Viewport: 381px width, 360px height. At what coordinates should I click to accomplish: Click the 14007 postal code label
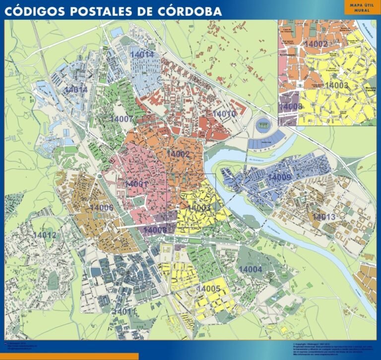[x=122, y=119]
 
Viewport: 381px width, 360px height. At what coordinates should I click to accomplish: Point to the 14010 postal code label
[x=224, y=114]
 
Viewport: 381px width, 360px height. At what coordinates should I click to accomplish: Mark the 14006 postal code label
[x=102, y=207]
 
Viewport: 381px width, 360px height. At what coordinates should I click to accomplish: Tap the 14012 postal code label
[x=45, y=235]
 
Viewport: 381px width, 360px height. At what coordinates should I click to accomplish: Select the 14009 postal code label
[x=279, y=177]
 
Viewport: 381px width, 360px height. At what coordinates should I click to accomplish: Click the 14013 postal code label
[x=324, y=217]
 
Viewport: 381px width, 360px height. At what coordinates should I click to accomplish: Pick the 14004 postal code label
[x=251, y=269]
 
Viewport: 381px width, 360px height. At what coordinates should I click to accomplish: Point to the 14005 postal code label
[x=208, y=289]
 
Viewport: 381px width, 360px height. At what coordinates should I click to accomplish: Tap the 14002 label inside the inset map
[x=316, y=45]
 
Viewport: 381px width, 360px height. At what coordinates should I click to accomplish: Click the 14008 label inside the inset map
[x=291, y=107]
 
